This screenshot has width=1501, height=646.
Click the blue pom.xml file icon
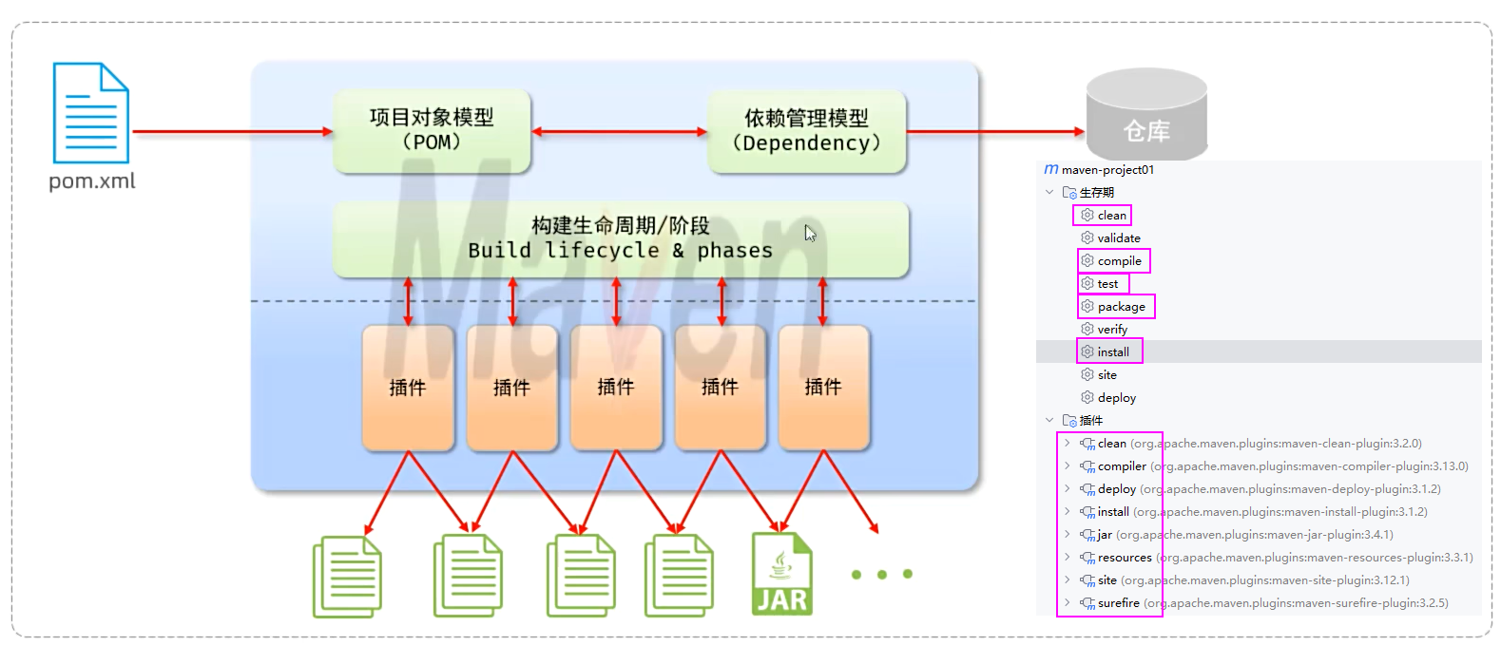[x=90, y=113]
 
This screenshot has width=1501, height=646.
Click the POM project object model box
[x=432, y=130]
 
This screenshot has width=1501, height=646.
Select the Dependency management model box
[x=806, y=131]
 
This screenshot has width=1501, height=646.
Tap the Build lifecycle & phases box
[x=620, y=238]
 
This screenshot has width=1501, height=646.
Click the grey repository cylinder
[x=1146, y=114]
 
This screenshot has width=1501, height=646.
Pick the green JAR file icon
[x=781, y=574]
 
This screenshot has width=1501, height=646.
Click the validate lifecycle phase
[x=1118, y=238]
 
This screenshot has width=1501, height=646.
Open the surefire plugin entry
[x=1118, y=603]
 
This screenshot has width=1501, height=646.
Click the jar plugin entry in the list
[x=1105, y=535]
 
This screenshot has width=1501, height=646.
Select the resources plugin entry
[x=1125, y=558]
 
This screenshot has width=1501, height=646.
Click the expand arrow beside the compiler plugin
[x=1067, y=466]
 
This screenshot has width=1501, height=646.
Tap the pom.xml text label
[x=92, y=180]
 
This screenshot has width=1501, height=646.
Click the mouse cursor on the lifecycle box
[x=810, y=233]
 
